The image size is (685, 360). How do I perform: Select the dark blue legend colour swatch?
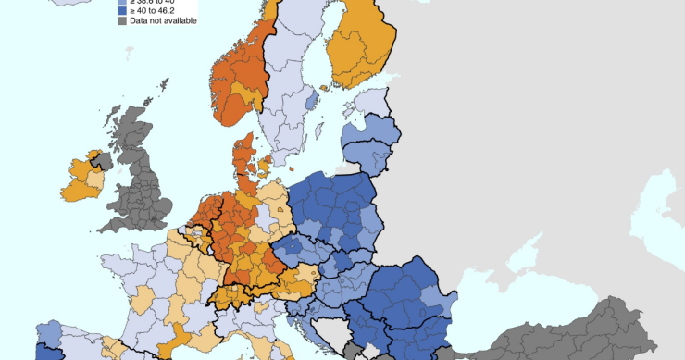(121, 10)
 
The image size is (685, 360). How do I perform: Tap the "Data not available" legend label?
(163, 20)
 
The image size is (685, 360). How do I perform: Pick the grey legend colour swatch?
(121, 20)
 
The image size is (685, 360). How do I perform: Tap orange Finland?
(356, 46)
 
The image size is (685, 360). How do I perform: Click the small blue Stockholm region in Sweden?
(312, 97)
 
